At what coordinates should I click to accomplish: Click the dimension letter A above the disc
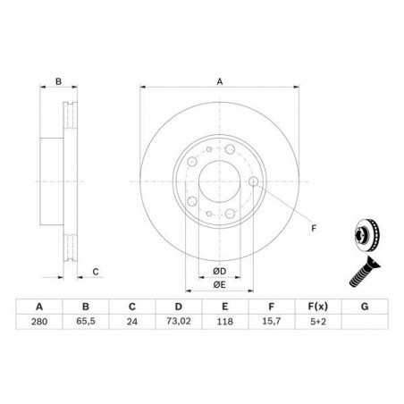coord(219,81)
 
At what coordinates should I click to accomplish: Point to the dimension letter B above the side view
coord(58,81)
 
